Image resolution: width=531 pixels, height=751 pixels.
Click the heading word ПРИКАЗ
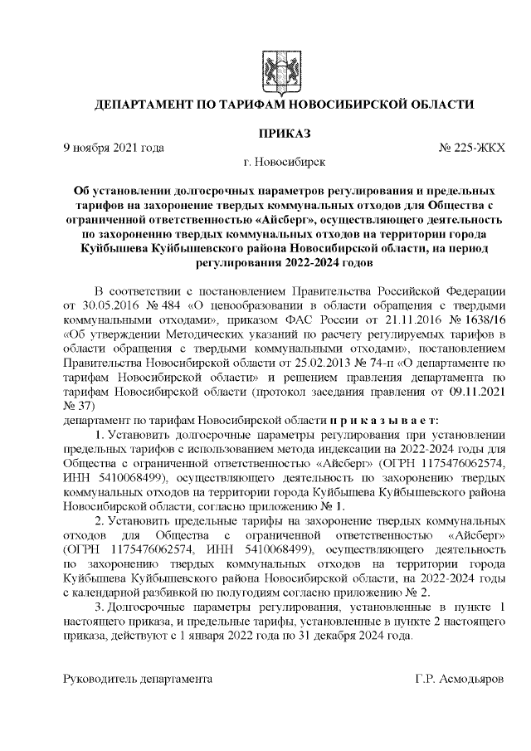pyautogui.click(x=285, y=133)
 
